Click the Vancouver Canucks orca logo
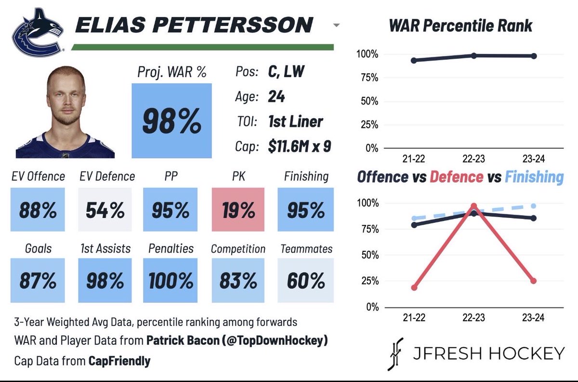(38, 33)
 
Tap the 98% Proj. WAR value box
(171, 121)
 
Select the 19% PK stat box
(238, 209)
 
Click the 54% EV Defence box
(105, 209)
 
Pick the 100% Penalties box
(171, 280)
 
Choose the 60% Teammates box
(305, 280)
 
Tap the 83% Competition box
(238, 280)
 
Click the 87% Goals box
(38, 280)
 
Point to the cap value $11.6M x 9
(300, 146)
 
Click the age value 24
(276, 96)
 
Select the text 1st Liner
(296, 122)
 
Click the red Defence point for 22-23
(474, 206)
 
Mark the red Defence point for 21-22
(414, 287)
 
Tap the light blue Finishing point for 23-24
(533, 206)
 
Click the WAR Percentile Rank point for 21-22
(414, 60)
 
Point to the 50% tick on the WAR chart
(369, 101)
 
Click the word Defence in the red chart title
(457, 177)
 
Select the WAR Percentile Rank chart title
(460, 26)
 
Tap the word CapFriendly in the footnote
(119, 361)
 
